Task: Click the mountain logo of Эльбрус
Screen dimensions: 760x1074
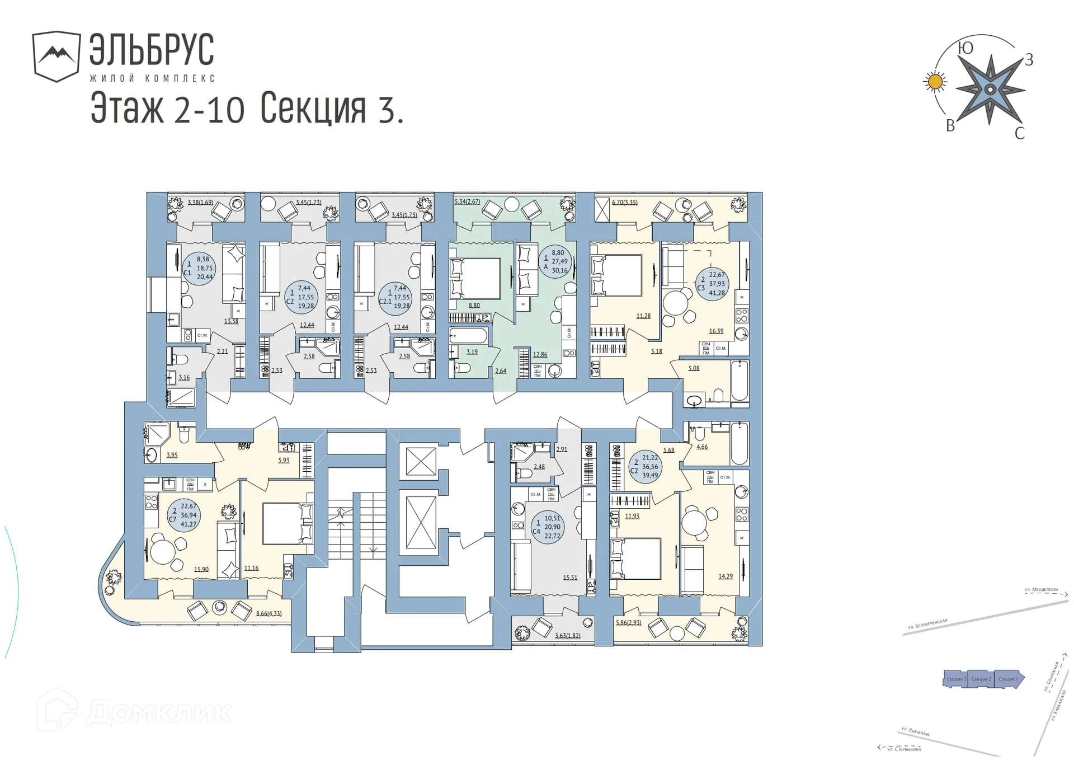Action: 56,56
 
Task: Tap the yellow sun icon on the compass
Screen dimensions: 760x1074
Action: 934,82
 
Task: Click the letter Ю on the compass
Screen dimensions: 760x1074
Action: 965,48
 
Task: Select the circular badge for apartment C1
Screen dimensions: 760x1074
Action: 199,268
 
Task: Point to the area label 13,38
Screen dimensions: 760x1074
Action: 231,321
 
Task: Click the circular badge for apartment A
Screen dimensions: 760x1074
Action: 556,261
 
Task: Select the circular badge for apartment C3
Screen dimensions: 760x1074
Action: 713,284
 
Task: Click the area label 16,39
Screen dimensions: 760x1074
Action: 716,331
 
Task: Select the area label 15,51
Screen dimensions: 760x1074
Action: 570,578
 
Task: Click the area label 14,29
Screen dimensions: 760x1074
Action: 725,576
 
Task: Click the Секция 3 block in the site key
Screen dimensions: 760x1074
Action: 955,679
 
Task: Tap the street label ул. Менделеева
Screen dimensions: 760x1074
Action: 1041,589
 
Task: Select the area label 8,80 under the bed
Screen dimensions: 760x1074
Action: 474,306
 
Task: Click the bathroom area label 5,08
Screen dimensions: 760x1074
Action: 694,368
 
